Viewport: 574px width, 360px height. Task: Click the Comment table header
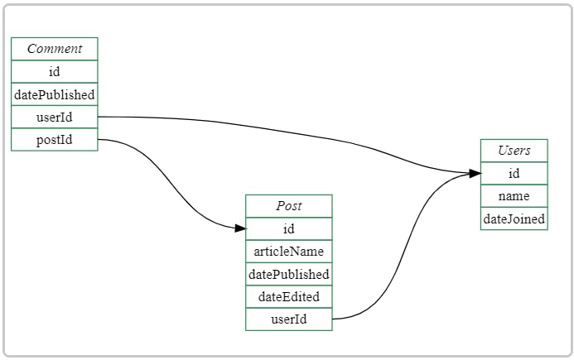coord(54,49)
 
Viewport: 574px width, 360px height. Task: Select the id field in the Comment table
coord(54,72)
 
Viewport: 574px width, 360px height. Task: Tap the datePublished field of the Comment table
coord(54,94)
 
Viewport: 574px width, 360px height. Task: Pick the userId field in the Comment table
coord(54,117)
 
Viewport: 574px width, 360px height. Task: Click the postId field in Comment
coord(54,140)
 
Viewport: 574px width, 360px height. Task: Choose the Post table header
coord(288,206)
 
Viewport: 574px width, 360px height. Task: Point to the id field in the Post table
coord(288,228)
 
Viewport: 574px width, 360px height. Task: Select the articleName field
coord(288,251)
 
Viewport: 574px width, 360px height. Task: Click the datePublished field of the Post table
coord(288,274)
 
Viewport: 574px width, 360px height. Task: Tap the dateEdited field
coord(288,296)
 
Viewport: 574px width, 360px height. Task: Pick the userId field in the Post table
coord(288,319)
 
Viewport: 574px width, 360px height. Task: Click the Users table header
coord(514,151)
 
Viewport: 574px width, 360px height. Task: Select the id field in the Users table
coord(514,173)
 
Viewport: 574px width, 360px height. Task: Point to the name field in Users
coord(514,196)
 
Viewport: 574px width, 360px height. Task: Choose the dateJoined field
coord(514,218)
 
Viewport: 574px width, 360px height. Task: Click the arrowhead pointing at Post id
coord(240,228)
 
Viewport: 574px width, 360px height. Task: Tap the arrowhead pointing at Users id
coord(475,173)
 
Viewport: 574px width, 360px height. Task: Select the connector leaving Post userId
coord(406,248)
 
